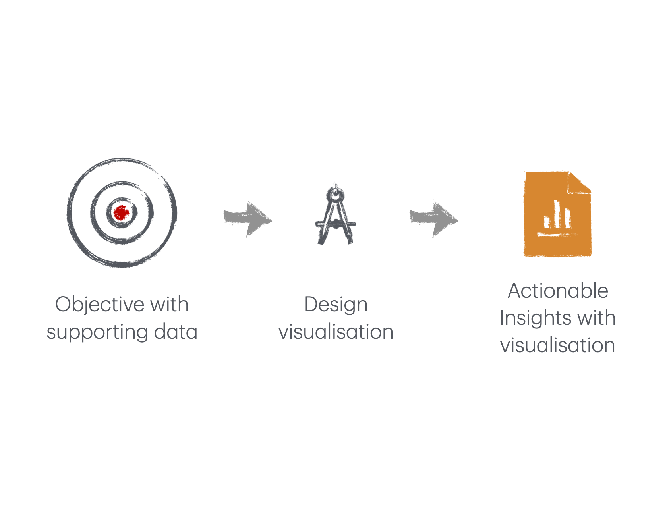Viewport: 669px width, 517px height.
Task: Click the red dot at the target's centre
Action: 122,213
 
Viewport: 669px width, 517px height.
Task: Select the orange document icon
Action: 558,214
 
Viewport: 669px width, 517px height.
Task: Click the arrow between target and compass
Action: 248,219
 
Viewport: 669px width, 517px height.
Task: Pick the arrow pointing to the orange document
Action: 434,219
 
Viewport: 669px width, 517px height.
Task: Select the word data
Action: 176,332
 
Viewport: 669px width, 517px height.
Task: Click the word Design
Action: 336,305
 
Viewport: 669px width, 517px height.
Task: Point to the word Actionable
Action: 558,291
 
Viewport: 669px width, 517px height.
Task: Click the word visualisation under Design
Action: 336,332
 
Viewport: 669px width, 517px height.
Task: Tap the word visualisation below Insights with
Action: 558,345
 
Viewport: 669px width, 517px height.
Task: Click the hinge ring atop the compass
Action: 336,195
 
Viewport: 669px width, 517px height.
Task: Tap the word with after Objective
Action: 169,305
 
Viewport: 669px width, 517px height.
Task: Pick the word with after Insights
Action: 597,318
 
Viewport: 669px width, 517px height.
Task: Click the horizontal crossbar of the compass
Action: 336,224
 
